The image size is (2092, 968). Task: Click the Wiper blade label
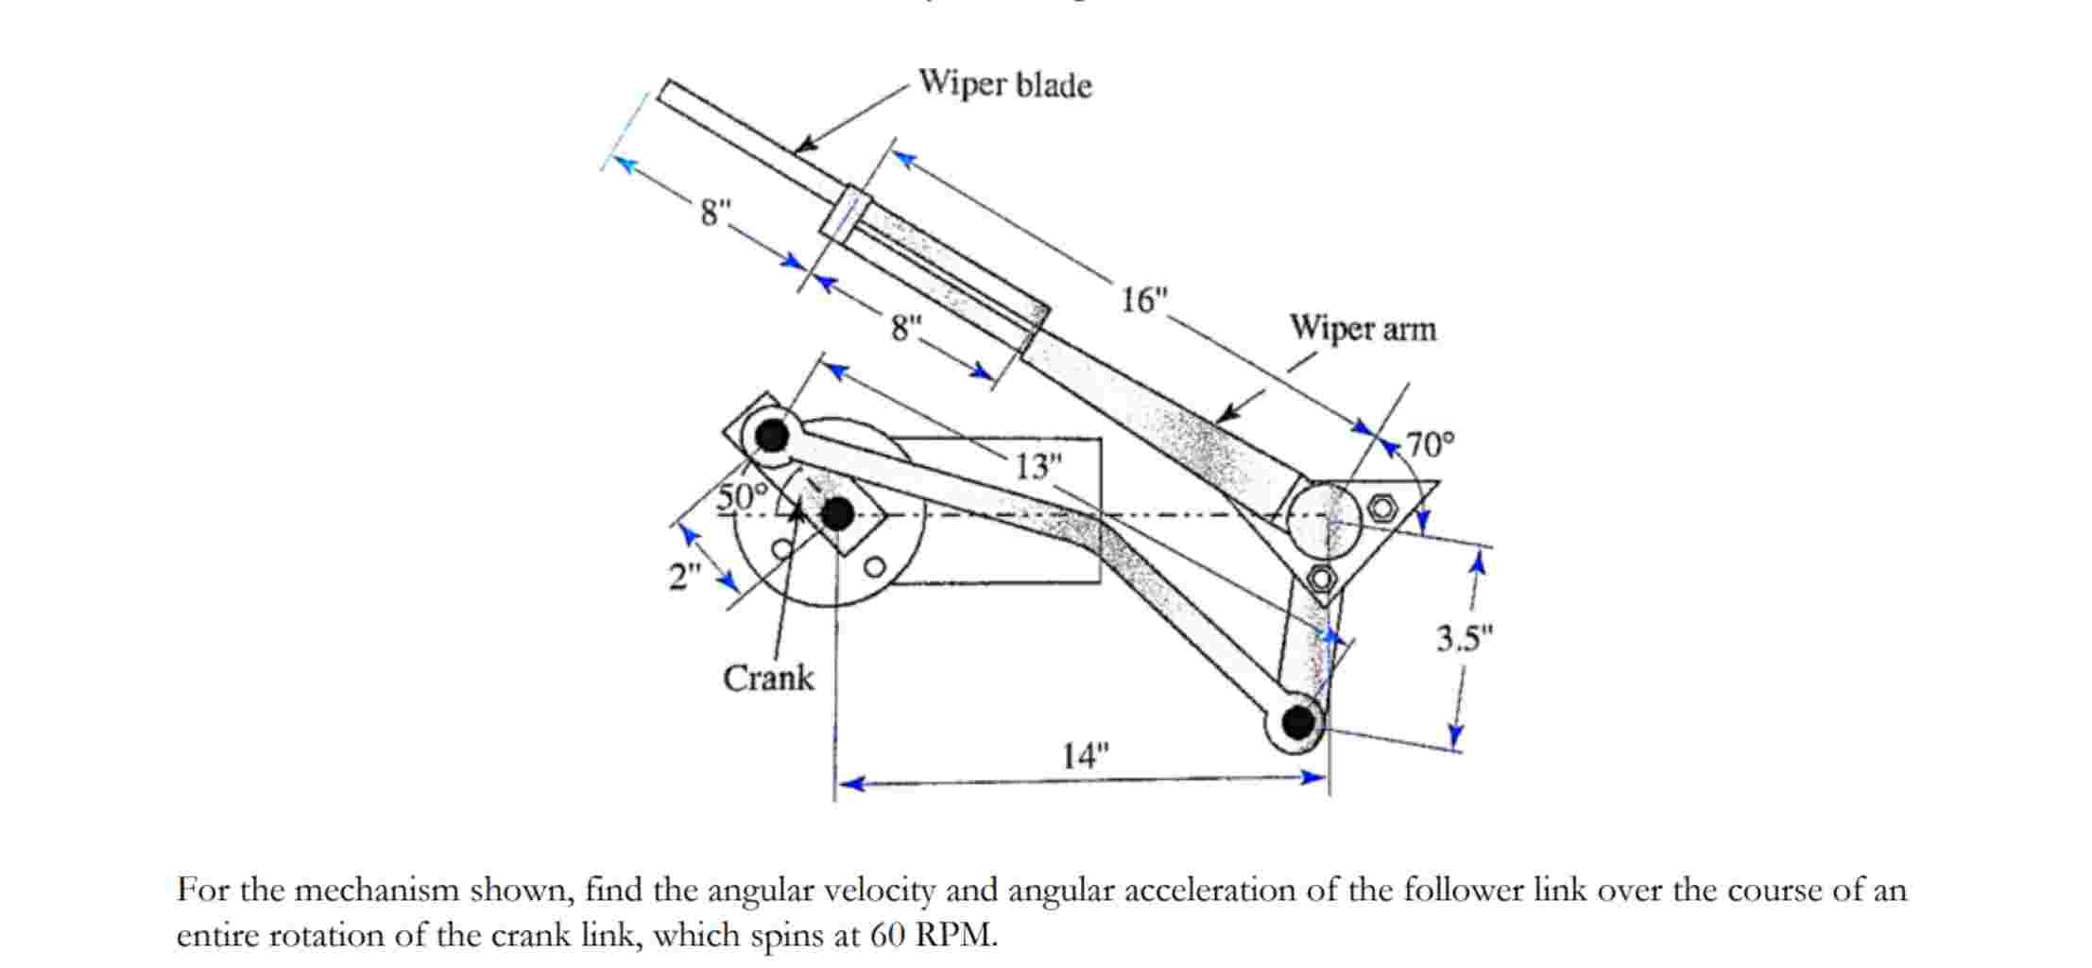pos(1004,84)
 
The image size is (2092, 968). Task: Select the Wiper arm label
pos(1362,329)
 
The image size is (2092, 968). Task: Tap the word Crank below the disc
pos(767,678)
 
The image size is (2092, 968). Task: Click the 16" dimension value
pos(1143,301)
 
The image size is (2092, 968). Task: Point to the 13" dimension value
pos(1037,466)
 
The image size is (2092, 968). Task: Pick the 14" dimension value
pos(1084,755)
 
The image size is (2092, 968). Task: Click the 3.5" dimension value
pos(1464,639)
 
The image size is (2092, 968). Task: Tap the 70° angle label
pos(1431,443)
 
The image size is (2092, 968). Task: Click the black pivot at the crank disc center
pos(837,515)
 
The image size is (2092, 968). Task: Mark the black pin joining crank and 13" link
pos(772,436)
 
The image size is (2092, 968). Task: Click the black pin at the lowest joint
pos(1298,723)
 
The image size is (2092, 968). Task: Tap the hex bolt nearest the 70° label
pos(1381,508)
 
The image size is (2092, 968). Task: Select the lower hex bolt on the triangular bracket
pos(1321,577)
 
